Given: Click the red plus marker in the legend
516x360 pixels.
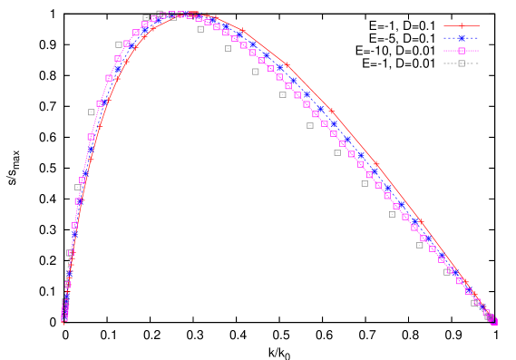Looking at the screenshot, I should (462, 25).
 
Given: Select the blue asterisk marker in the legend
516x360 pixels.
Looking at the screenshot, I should (462, 38).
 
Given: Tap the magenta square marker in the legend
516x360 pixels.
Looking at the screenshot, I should (462, 51).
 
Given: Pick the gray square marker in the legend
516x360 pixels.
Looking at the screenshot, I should (462, 63).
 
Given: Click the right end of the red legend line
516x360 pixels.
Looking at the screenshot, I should (479, 25).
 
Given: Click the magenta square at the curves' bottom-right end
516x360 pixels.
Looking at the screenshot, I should (493, 321).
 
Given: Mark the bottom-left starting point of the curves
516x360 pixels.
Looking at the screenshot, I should (64, 318).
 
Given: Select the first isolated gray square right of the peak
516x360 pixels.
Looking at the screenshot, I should (200, 29).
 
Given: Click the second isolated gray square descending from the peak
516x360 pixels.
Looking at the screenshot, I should (228, 48).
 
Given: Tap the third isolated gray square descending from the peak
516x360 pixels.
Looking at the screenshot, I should (256, 72).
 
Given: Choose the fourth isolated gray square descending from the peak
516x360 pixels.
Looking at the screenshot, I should (283, 94).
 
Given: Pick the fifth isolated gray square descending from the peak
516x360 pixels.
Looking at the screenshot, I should (310, 125).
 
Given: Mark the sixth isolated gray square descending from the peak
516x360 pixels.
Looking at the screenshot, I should (337, 152).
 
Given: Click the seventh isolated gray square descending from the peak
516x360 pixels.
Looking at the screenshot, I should (365, 183).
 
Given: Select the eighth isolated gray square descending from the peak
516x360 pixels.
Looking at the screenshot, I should (392, 214).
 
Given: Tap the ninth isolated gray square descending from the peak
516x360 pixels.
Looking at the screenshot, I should (419, 245).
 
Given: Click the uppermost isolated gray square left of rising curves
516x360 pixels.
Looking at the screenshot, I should (119, 44).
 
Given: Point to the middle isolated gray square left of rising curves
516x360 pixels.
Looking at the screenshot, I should (92, 112).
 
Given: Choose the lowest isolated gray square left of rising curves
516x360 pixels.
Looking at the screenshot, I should (78, 188).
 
